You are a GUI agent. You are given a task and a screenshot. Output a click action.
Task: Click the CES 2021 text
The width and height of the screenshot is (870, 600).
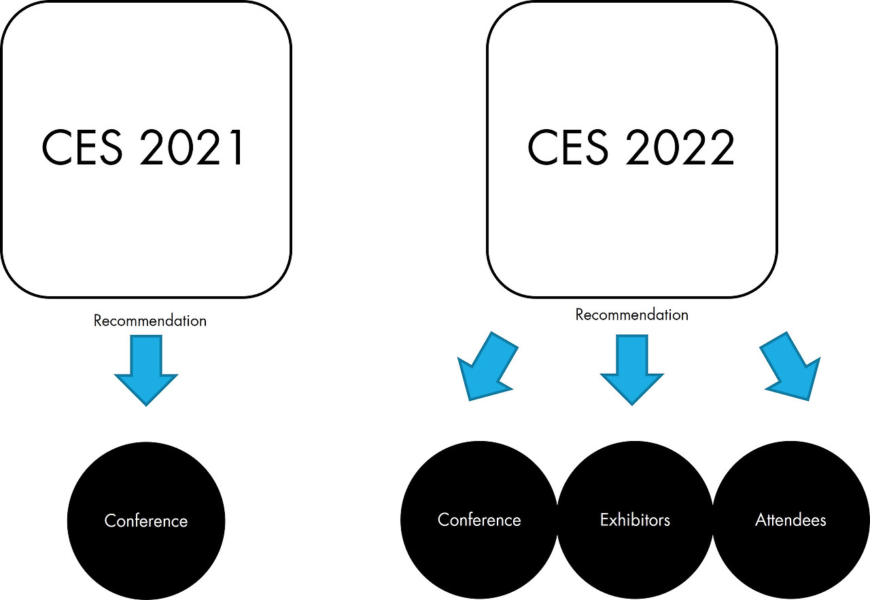tap(143, 147)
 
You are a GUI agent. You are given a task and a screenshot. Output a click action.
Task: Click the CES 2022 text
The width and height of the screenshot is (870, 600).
tap(631, 147)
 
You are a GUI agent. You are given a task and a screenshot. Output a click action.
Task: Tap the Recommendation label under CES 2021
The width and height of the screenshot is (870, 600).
tap(150, 321)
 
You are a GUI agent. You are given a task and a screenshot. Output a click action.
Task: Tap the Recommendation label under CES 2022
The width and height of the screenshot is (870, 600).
tap(632, 315)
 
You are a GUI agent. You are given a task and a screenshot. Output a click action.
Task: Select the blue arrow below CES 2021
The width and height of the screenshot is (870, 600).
tap(146, 370)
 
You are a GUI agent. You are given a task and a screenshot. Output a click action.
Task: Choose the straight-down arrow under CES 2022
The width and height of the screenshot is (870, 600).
tap(632, 370)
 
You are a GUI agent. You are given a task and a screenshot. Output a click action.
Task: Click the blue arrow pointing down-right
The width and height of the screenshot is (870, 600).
tap(790, 366)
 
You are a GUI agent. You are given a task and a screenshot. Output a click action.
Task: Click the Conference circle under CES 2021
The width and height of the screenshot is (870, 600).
tap(146, 520)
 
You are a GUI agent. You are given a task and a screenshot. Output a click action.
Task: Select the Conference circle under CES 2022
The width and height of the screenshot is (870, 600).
tap(479, 520)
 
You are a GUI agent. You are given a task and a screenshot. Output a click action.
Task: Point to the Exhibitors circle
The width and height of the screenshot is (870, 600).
tap(635, 520)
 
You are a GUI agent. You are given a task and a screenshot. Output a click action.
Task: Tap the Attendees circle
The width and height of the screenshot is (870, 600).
tap(790, 520)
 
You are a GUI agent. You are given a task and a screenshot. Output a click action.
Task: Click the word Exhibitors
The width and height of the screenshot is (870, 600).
tap(635, 520)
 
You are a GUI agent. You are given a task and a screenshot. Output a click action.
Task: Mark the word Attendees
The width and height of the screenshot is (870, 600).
tap(790, 520)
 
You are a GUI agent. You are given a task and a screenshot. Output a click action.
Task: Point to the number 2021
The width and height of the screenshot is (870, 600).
tap(192, 147)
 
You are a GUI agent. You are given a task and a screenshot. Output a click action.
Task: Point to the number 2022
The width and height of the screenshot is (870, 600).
tap(680, 147)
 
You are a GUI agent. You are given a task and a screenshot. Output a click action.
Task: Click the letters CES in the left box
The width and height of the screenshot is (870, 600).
tap(82, 147)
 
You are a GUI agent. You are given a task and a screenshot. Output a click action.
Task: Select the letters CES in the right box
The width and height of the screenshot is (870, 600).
tap(568, 147)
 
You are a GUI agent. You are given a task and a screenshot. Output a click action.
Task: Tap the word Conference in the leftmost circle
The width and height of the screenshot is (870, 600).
tap(146, 520)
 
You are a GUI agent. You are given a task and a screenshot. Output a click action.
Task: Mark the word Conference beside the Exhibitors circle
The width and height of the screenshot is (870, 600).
tap(479, 520)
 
